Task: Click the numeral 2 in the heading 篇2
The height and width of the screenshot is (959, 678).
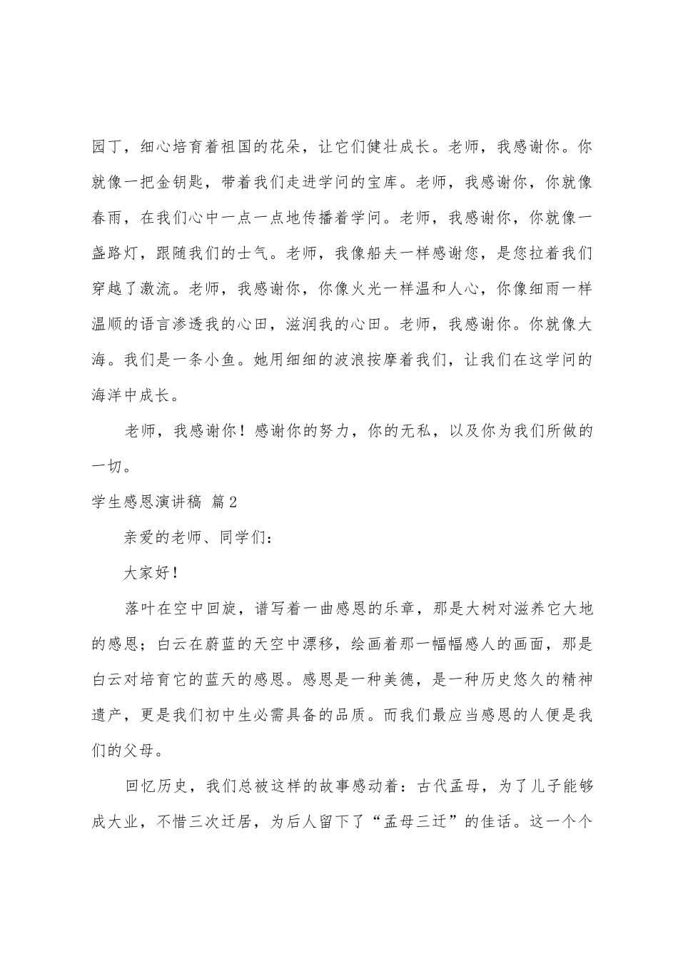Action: (x=231, y=502)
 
